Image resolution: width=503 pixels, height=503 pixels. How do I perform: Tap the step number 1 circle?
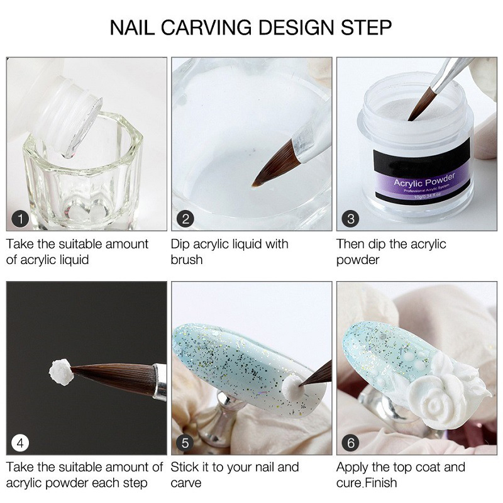[x=21, y=219]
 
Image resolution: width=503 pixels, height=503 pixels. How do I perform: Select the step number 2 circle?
[x=185, y=219]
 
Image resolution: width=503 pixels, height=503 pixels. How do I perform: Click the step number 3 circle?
[x=350, y=219]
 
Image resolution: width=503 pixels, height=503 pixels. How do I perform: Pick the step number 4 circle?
[x=21, y=443]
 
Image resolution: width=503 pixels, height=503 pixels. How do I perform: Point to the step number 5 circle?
[x=185, y=443]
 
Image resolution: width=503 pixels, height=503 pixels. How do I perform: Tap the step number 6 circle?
[x=350, y=443]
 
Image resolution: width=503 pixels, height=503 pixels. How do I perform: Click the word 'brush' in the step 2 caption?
[x=187, y=260]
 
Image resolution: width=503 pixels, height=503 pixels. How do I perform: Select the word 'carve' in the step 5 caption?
[x=186, y=484]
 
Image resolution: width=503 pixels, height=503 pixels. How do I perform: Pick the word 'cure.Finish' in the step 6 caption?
[x=367, y=484]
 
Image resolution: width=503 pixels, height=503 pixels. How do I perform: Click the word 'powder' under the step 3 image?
[x=358, y=260]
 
